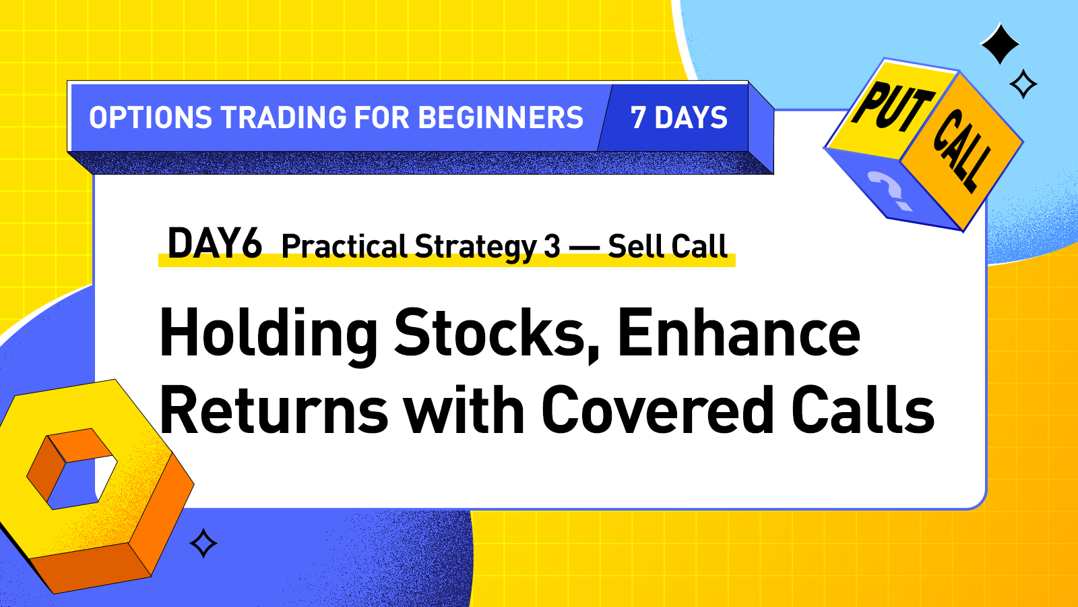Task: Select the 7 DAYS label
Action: [678, 118]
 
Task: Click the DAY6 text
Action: [214, 243]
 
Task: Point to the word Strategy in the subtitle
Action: [475, 247]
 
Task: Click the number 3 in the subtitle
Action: [552, 247]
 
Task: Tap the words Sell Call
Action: [667, 246]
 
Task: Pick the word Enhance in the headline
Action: [738, 333]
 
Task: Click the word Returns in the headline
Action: [274, 411]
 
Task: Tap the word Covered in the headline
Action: [658, 411]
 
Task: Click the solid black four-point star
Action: [1000, 44]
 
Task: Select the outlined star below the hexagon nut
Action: [203, 544]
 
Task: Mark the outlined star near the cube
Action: [1023, 84]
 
